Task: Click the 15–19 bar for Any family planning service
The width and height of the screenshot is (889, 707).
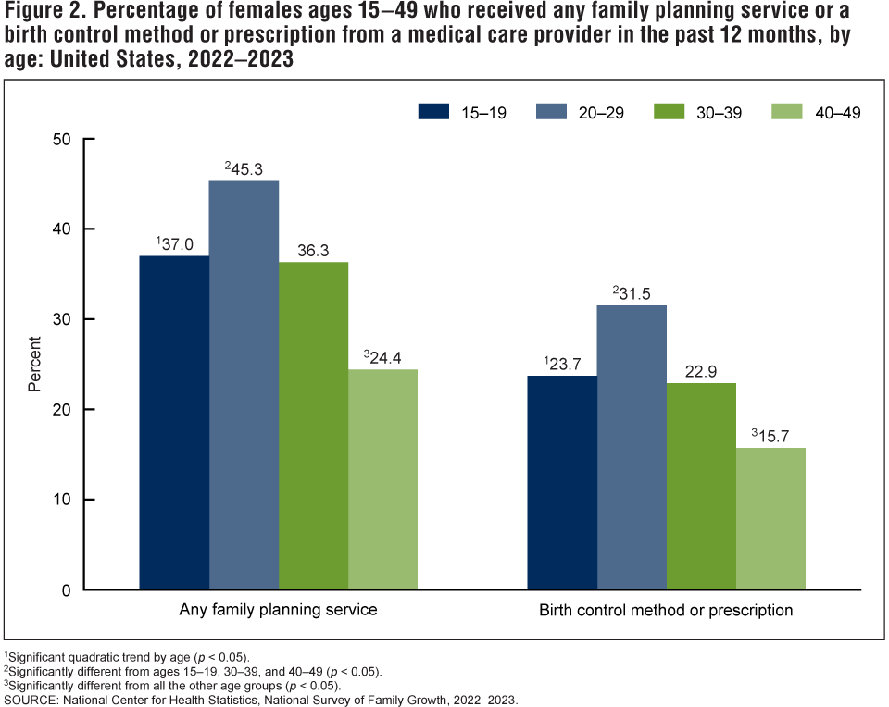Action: tap(174, 422)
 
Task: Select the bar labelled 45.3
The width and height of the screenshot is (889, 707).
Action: tap(244, 385)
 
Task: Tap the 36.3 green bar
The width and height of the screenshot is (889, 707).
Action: tap(313, 426)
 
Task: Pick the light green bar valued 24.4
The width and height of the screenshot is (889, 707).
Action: tap(382, 479)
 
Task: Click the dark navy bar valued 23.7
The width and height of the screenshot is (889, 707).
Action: tap(562, 482)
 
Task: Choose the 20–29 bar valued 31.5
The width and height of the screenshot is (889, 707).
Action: tap(632, 447)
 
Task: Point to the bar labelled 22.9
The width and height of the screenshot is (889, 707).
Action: tap(701, 486)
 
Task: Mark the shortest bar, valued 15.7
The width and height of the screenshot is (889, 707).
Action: tap(770, 518)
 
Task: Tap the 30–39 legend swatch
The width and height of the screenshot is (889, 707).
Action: tap(669, 112)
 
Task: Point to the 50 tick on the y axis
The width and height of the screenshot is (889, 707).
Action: tap(62, 140)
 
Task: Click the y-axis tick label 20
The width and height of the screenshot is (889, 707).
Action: tap(62, 409)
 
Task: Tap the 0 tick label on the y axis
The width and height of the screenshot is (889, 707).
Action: tap(67, 589)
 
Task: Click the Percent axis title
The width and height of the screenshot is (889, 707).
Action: tap(34, 364)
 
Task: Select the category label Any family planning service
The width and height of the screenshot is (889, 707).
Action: tap(278, 611)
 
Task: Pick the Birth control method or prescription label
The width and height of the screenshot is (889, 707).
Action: tap(666, 611)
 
